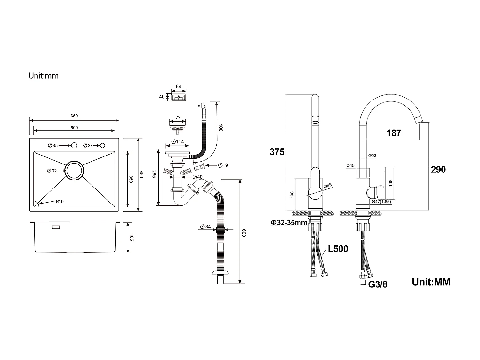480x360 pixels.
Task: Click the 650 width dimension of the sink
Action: point(74,116)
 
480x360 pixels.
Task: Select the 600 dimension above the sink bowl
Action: point(74,128)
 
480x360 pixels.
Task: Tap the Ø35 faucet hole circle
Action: point(74,146)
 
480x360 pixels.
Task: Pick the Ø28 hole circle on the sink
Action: point(102,146)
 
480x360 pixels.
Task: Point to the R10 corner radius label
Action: point(60,202)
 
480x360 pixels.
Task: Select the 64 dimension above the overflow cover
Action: point(179,87)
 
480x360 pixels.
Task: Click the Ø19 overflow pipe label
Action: point(223,165)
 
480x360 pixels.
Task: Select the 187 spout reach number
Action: point(394,133)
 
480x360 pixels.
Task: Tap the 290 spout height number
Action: point(438,169)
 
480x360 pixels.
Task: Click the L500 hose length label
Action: point(338,249)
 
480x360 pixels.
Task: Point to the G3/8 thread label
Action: point(378,284)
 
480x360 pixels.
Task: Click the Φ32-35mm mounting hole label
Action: point(289,223)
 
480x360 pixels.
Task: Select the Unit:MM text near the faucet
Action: point(431,282)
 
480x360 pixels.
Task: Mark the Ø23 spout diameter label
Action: point(372,156)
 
